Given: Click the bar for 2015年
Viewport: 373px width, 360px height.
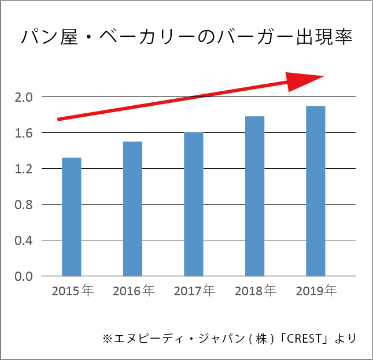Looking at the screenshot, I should tap(71, 217).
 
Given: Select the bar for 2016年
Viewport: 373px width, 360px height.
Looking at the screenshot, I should tap(132, 209).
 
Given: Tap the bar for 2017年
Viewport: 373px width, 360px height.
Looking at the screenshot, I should tap(194, 204).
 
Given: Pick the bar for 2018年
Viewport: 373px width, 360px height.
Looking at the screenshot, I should tap(254, 196).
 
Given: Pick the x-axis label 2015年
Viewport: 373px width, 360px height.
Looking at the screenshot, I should tap(72, 291).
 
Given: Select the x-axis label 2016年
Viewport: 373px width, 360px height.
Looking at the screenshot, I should tap(133, 291).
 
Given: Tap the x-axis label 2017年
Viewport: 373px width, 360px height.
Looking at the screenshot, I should tap(194, 291).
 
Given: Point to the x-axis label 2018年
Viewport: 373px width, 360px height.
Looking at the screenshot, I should tap(255, 291).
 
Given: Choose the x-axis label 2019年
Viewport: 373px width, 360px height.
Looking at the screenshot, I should tap(316, 291).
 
